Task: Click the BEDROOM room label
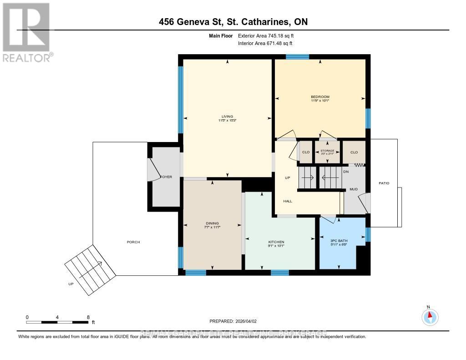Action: click(320, 97)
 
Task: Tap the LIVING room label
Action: click(228, 117)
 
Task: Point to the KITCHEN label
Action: click(276, 242)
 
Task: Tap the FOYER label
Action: click(166, 177)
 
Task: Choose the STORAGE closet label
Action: click(328, 151)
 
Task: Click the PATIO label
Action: click(384, 183)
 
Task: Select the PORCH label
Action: click(133, 242)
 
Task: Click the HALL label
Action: click(288, 201)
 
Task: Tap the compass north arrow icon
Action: click(429, 316)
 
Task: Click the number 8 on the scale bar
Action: click(88, 317)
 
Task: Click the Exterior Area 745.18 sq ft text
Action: click(269, 35)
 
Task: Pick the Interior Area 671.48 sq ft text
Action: click(265, 43)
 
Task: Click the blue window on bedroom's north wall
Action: click(297, 57)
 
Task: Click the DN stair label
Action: click(346, 172)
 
